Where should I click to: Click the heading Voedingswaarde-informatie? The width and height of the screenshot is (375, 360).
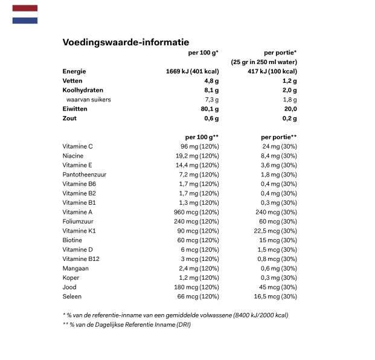[126, 42]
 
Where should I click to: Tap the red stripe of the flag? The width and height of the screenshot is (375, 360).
[25, 8]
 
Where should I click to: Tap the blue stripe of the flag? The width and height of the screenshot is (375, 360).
[25, 21]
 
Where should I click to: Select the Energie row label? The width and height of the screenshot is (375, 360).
[74, 71]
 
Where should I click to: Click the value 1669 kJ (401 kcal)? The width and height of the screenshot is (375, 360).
[192, 71]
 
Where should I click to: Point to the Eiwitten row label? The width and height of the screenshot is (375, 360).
[75, 109]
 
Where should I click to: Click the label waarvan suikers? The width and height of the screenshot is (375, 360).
[89, 100]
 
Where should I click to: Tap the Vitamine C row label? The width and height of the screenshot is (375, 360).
[77, 146]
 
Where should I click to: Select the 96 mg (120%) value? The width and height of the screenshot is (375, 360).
[199, 146]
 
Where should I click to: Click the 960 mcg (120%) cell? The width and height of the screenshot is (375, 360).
[196, 212]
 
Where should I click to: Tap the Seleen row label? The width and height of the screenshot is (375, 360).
[72, 297]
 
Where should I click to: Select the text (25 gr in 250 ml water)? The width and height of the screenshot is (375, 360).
[263, 62]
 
